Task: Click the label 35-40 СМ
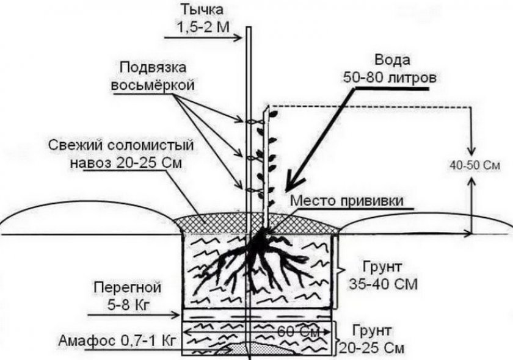[374, 284]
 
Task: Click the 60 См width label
[292, 333]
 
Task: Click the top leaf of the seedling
[272, 113]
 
